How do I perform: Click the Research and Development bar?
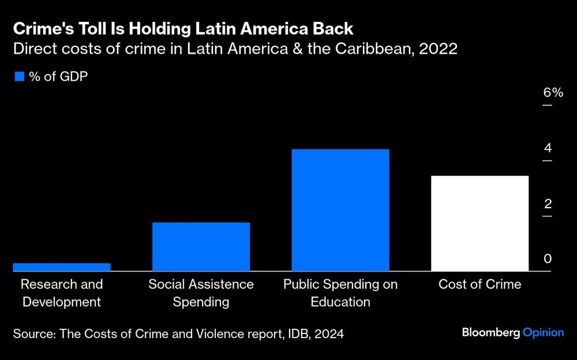[x=61, y=267]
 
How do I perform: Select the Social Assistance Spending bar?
[x=201, y=246]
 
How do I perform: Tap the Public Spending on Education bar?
[x=340, y=210]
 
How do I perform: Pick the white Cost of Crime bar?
[x=479, y=223]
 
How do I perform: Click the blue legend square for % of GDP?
[x=19, y=76]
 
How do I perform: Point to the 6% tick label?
[x=552, y=93]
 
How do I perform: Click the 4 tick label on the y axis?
[x=547, y=148]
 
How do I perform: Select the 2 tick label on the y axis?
[x=547, y=203]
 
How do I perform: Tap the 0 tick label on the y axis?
[x=547, y=258]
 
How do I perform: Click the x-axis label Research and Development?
[x=62, y=292]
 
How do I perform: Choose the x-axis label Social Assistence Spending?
[x=201, y=292]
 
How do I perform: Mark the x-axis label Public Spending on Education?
[x=340, y=292]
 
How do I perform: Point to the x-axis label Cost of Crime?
[x=479, y=284]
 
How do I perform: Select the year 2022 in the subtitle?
[x=439, y=49]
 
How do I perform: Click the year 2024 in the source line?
[x=328, y=333]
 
